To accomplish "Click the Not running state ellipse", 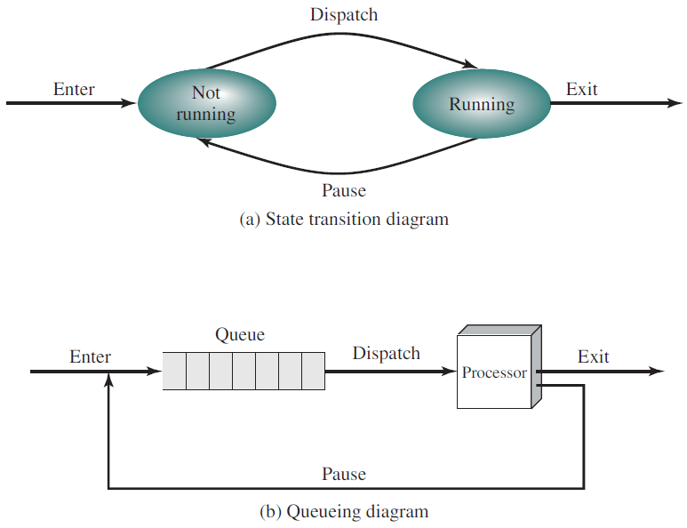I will click(206, 104).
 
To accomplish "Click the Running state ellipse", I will click(481, 104).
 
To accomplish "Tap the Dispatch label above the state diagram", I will click(343, 15).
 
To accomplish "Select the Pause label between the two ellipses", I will click(343, 190).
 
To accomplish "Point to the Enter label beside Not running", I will click(74, 89).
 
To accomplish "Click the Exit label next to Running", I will click(582, 89).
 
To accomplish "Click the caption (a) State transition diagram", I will click(344, 220).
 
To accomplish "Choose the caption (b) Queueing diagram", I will click(344, 511).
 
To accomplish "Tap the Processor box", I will click(494, 372).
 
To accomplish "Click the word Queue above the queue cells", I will click(240, 335).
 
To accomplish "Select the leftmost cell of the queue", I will click(174, 371).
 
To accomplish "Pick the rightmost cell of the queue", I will click(314, 371).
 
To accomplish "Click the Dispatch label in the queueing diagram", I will click(386, 354).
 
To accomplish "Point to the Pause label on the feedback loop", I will click(344, 474).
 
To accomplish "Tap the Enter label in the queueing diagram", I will click(90, 357).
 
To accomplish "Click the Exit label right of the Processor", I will click(593, 356).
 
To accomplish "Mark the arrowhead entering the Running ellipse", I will click(470, 65).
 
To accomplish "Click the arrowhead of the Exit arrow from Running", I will click(675, 104).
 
